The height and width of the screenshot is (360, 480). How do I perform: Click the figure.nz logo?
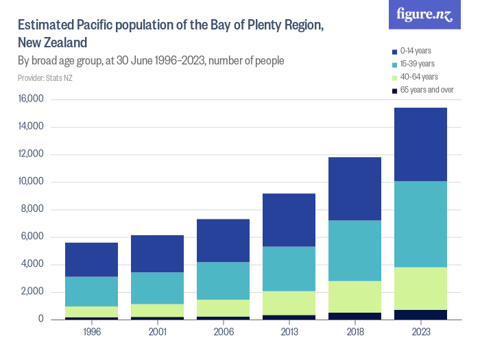click(425, 15)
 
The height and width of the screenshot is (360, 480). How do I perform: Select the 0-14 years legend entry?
click(416, 51)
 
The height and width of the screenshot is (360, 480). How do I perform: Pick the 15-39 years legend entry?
click(417, 64)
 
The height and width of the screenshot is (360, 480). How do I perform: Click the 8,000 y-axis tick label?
click(31, 210)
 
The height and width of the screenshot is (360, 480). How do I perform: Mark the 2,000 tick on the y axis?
click(31, 292)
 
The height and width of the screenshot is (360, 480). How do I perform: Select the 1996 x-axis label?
click(91, 332)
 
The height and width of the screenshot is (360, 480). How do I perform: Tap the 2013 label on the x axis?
click(289, 332)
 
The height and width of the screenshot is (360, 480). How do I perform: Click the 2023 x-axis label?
click(420, 332)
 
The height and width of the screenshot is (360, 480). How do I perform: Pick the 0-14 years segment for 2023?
click(420, 144)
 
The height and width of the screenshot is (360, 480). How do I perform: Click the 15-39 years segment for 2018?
click(355, 250)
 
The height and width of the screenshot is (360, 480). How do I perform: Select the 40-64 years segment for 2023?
click(420, 288)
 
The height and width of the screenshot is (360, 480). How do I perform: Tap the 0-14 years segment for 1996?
click(91, 259)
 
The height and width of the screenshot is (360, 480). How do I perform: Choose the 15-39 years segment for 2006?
click(223, 280)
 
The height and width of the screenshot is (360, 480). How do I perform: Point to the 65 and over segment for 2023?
click(420, 315)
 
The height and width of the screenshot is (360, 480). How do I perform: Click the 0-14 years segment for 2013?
click(289, 219)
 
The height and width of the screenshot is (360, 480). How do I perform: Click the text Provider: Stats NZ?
click(45, 78)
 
